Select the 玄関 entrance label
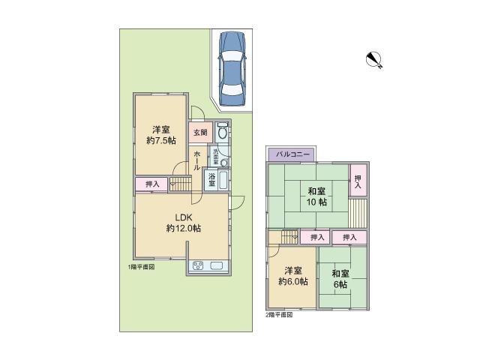(x=200, y=133)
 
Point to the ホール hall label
(x=196, y=160)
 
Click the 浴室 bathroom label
(x=212, y=179)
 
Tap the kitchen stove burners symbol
(x=200, y=266)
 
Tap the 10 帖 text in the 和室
(x=316, y=202)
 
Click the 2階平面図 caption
(x=279, y=315)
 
